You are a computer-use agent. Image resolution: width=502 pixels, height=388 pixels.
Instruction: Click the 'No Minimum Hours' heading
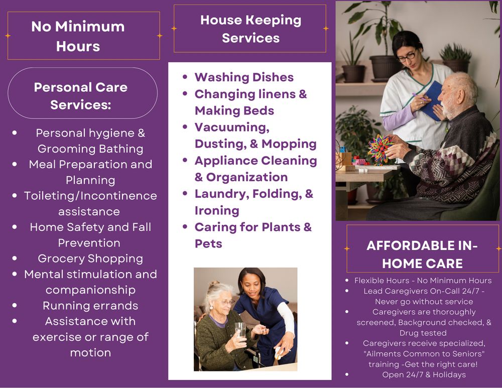78,36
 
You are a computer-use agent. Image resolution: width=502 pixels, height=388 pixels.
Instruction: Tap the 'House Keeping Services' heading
250,29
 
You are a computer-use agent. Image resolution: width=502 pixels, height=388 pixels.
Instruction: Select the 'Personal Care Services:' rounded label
81,95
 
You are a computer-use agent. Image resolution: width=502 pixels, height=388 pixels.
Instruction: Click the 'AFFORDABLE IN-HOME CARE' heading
422,254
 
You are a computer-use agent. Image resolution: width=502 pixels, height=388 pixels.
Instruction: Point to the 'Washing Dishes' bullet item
244,77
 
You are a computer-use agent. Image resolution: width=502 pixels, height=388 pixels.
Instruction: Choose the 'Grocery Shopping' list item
90,258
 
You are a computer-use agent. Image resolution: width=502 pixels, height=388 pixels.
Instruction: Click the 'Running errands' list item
90,306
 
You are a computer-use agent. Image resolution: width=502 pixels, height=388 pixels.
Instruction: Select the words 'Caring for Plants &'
253,227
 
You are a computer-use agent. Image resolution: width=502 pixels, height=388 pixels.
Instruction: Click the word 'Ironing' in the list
217,210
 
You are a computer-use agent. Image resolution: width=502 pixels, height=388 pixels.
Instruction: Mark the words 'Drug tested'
423,333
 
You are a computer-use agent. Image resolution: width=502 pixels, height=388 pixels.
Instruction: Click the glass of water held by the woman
240,331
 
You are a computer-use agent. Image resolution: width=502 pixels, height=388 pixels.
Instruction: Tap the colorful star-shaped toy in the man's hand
379,149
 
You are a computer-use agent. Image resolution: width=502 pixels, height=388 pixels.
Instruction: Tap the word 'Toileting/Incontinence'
90,196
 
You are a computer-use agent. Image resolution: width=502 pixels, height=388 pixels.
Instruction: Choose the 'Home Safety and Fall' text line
90,227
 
